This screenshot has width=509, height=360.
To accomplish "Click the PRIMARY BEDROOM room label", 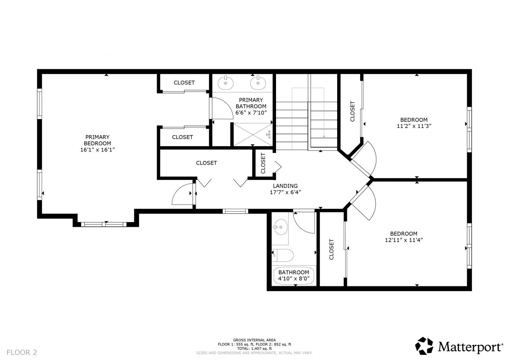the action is tap(97, 140).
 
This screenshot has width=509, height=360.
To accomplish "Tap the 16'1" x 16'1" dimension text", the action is tap(97, 150).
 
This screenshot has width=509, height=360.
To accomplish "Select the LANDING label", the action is tap(285, 186).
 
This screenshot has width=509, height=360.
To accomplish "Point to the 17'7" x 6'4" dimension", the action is tap(285, 192).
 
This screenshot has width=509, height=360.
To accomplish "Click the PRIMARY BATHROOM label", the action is tap(251, 103).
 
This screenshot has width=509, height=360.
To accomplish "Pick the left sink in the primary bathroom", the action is tap(226, 83).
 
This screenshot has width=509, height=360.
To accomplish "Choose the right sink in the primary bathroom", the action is tap(258, 83).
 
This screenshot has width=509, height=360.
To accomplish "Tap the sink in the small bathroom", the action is tap(281, 227).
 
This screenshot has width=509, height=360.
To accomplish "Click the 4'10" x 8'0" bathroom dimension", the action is tap(294, 279).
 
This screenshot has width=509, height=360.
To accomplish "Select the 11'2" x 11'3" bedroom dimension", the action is tap(414, 126).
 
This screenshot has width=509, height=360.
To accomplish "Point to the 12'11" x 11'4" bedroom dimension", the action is tap(404, 240).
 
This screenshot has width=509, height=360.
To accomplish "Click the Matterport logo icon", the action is tap(424, 346).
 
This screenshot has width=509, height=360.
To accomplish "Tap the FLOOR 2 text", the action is tap(22, 353).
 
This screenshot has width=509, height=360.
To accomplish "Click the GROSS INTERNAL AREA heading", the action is tap(254, 340).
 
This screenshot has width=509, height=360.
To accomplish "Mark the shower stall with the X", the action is tap(253, 134).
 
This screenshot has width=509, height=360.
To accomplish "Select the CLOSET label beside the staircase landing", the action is tap(263, 163).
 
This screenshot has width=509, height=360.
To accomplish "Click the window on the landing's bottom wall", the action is tap(235, 212).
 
